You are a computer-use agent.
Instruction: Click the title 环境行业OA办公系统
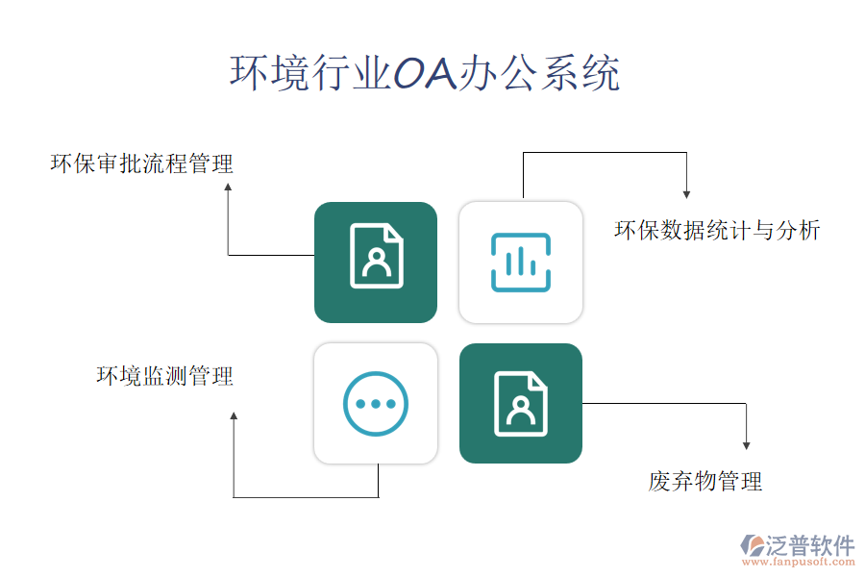(425, 73)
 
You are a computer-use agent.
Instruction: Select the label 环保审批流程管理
(142, 164)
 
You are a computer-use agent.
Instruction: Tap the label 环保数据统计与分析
(717, 230)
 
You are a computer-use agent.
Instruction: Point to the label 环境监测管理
(165, 376)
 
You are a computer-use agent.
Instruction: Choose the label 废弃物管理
(705, 482)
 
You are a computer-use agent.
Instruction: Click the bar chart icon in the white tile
(521, 263)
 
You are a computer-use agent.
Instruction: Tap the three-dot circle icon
(376, 404)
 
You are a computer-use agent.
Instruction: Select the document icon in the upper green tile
(377, 256)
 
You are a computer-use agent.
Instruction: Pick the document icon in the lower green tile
(521, 404)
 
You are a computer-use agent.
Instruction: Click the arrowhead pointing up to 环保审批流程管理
(228, 188)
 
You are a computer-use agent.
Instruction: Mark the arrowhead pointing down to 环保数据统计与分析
(687, 194)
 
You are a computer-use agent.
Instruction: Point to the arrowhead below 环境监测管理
(234, 415)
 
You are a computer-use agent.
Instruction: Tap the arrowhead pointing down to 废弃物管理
(747, 445)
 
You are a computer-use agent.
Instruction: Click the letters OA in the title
(426, 73)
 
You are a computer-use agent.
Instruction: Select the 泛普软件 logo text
(810, 545)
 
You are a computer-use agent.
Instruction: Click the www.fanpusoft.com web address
(799, 562)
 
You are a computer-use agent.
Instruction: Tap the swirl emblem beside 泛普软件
(753, 545)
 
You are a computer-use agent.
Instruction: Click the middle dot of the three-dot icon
(376, 404)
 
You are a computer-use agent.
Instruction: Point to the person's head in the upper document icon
(377, 256)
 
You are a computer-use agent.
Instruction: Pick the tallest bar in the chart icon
(521, 261)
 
